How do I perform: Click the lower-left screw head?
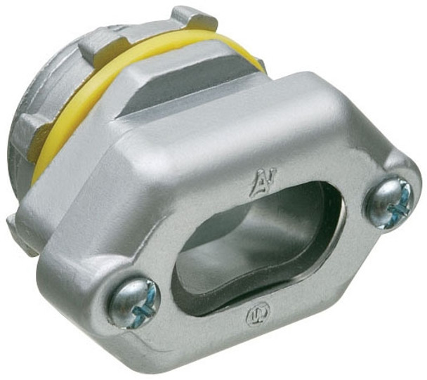[133, 303]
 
